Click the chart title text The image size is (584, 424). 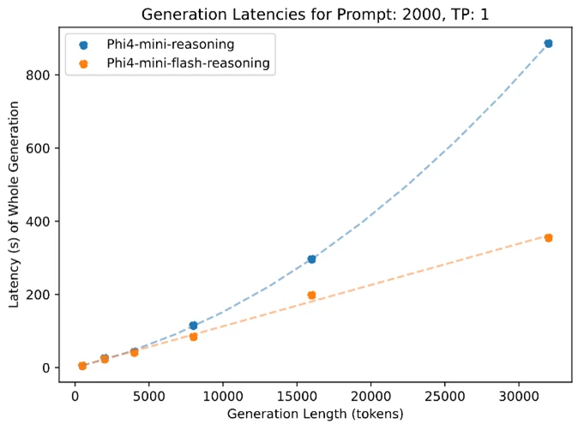point(314,14)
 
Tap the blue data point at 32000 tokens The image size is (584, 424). point(548,43)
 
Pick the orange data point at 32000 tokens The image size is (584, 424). point(548,237)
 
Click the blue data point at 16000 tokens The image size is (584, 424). point(311,259)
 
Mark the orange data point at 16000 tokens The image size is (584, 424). point(311,295)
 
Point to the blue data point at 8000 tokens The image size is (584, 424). point(193,325)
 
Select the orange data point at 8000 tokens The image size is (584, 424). point(193,337)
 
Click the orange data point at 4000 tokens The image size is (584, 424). point(134,352)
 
